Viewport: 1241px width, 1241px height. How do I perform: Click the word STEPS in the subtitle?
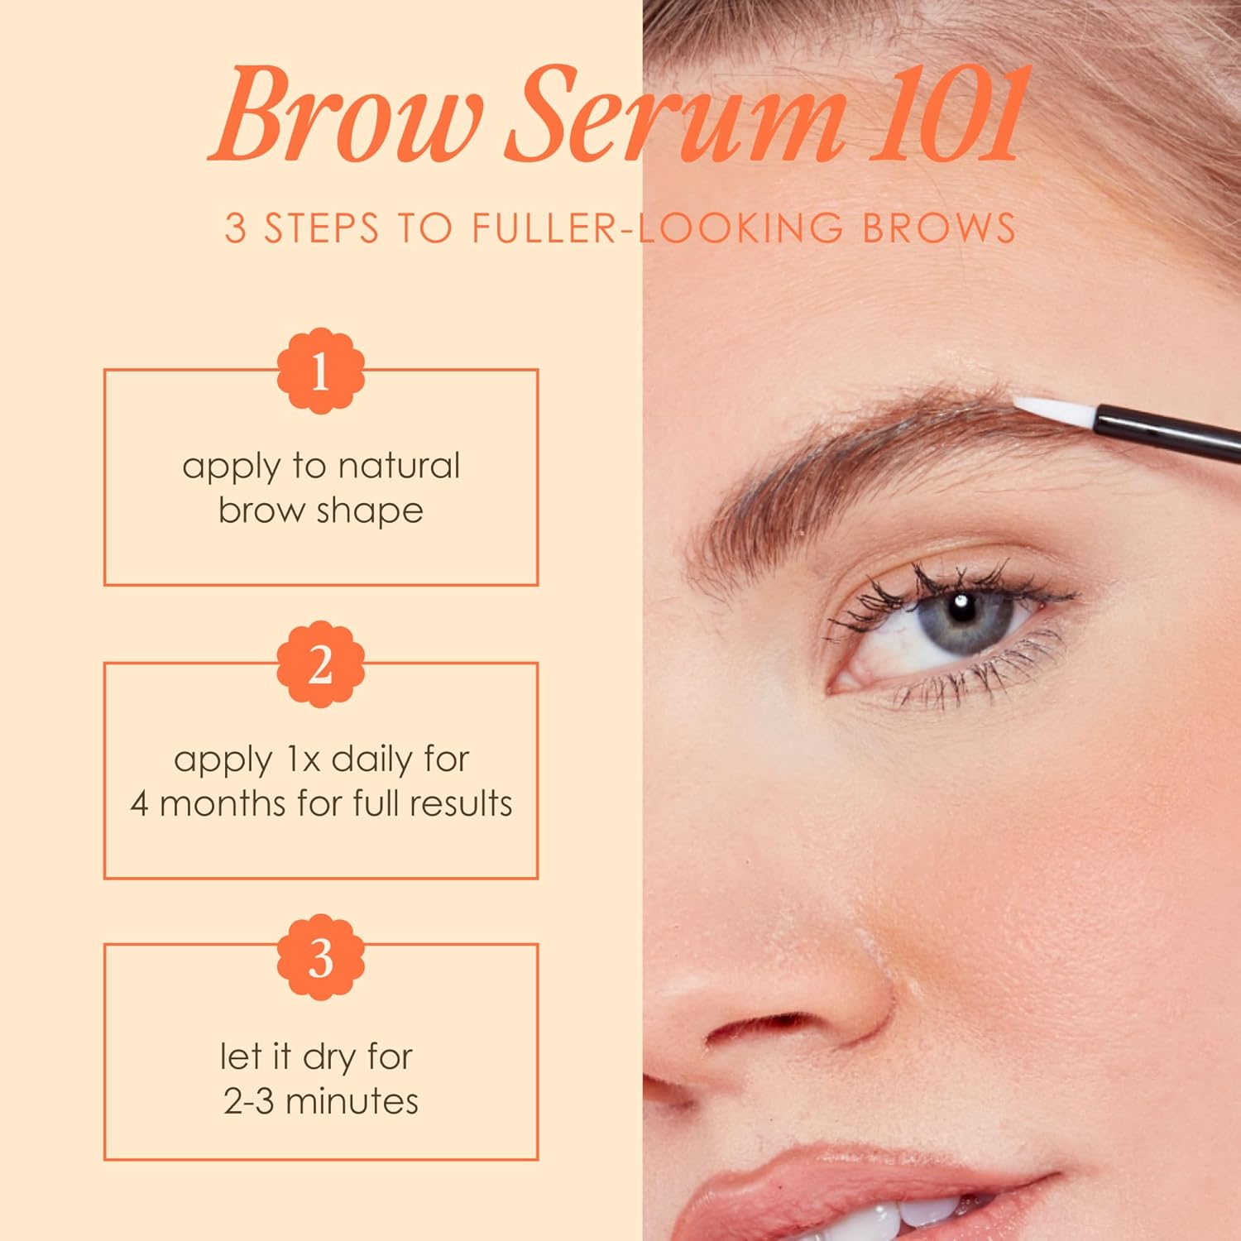coord(322,228)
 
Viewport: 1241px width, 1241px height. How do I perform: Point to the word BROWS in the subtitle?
coord(939,228)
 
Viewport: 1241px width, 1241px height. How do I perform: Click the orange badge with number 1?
coord(321,371)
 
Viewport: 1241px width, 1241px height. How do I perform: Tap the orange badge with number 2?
coord(321,665)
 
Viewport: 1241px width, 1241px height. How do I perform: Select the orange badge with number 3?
coord(321,958)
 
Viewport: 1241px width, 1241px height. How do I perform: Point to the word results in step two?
coord(462,804)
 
